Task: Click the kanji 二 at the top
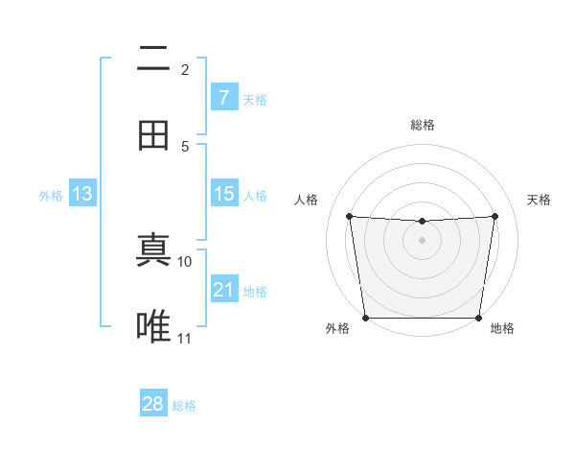153,59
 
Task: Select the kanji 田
153,135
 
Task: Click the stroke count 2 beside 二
185,70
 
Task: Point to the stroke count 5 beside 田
185,146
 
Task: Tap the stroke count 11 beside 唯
185,338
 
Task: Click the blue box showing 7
223,98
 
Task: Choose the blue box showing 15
223,194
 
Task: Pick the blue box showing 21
223,290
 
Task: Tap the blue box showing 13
81,194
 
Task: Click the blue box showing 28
153,404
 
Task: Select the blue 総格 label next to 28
184,406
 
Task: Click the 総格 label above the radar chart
422,126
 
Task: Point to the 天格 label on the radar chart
539,200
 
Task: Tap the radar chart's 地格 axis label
502,329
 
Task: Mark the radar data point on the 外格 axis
365,318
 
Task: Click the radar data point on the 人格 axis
349,217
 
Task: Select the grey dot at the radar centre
422,240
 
